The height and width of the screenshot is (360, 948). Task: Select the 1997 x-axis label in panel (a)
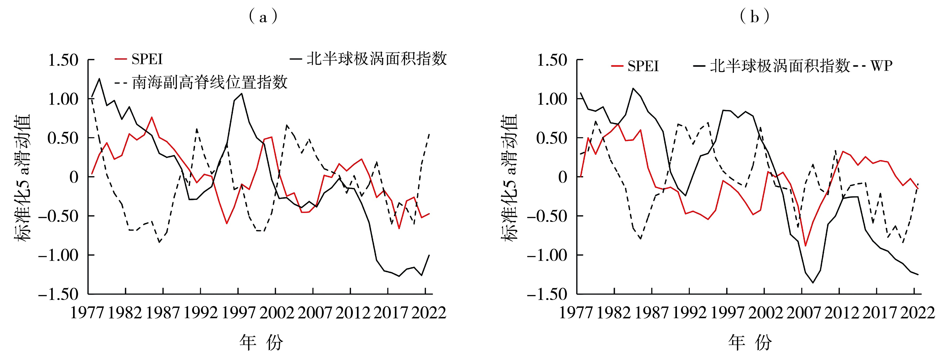pyautogui.click(x=238, y=313)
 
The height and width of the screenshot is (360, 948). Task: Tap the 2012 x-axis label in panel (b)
pyautogui.click(x=841, y=313)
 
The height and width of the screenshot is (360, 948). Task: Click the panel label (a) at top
pyautogui.click(x=263, y=17)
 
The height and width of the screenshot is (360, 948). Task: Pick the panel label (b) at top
pyautogui.click(x=755, y=17)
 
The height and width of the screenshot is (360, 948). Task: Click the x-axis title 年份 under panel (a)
pyautogui.click(x=261, y=342)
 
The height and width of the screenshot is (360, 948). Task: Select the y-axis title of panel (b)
pyautogui.click(x=509, y=177)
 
